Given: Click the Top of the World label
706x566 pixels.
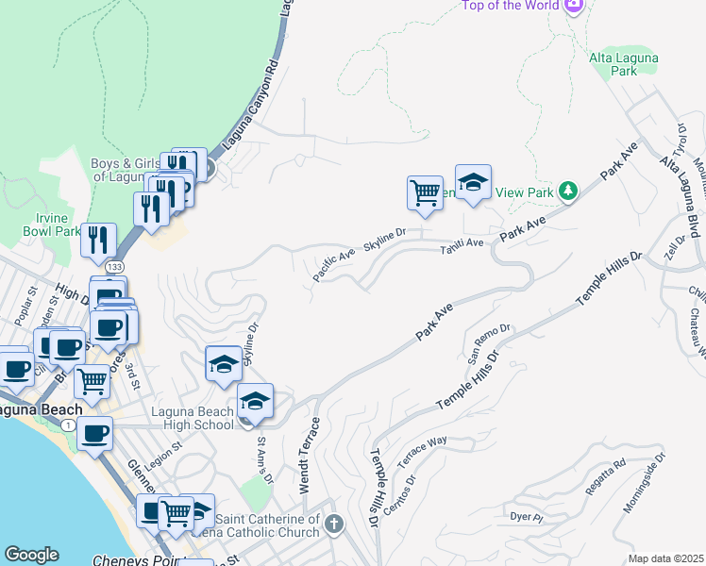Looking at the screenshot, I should [510, 6].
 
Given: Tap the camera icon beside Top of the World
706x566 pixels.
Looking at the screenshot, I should [573, 6].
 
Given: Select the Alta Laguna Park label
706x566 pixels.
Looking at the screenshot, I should [624, 64].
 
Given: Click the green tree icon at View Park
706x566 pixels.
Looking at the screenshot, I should [567, 191].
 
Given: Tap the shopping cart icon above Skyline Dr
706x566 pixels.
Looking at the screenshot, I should [425, 192].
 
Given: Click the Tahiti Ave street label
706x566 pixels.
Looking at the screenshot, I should [462, 244].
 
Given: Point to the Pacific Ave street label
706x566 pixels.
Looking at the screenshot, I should [333, 265].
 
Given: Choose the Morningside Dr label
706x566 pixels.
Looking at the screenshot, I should [644, 481].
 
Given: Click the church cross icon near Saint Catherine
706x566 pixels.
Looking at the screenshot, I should [333, 523].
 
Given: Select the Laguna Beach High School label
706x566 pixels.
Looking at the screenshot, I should [193, 418].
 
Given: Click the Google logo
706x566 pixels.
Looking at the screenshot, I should [31, 555].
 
